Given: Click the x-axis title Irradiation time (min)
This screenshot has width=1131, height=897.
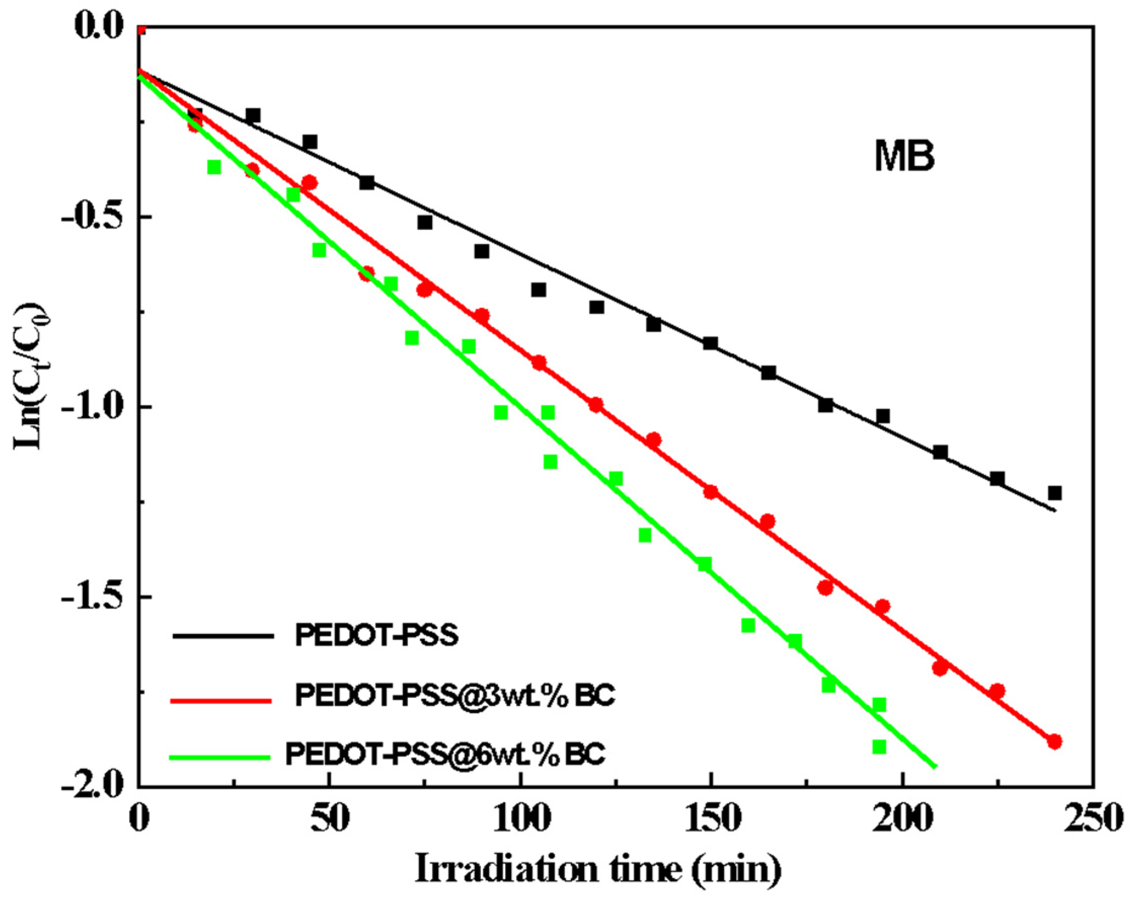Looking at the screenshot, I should tap(598, 870).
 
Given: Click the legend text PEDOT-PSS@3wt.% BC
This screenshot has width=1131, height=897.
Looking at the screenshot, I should tap(455, 696).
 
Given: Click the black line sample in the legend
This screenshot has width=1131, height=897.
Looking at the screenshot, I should tap(223, 636).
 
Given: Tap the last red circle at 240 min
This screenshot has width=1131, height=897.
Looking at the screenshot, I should tap(1055, 742).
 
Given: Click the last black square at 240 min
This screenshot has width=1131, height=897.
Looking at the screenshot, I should tap(1055, 493).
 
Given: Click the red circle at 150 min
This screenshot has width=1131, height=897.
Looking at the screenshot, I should tap(711, 492).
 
